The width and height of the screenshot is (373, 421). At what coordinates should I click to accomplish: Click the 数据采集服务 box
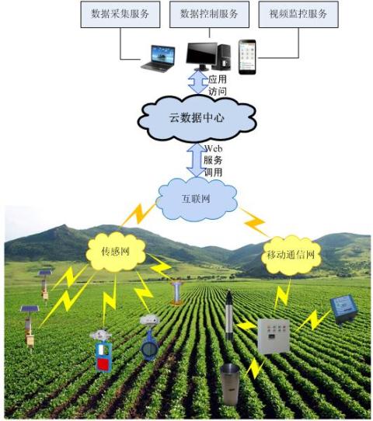tap(120, 14)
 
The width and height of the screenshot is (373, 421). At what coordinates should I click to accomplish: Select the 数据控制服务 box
tap(209, 14)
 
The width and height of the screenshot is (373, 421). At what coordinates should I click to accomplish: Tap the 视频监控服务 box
tap(298, 14)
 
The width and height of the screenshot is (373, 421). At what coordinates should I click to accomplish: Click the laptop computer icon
tap(159, 59)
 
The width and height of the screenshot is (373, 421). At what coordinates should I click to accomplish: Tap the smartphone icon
tap(247, 57)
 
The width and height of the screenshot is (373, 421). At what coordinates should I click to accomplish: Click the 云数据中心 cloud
tap(197, 118)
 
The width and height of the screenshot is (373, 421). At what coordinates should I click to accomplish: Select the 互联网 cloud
tap(197, 199)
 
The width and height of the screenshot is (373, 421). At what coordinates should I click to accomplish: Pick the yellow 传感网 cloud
tap(116, 252)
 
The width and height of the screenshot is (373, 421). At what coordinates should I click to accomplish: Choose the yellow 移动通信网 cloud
tap(291, 255)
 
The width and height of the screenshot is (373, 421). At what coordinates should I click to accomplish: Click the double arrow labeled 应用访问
tap(198, 82)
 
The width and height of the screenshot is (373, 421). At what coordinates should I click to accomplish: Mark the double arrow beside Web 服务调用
tap(197, 160)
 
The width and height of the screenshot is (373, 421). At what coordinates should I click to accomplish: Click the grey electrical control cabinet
tap(274, 336)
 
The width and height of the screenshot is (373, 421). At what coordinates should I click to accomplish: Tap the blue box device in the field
tap(344, 309)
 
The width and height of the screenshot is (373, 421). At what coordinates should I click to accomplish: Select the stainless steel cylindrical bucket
tap(230, 384)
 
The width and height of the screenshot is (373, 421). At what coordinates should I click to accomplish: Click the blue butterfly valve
tap(149, 346)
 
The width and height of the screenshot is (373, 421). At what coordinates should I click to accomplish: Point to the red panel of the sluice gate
tap(103, 365)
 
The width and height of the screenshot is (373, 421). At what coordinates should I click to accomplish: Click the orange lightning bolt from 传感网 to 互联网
tap(138, 214)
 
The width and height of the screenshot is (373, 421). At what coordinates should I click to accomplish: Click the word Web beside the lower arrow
tap(214, 148)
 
